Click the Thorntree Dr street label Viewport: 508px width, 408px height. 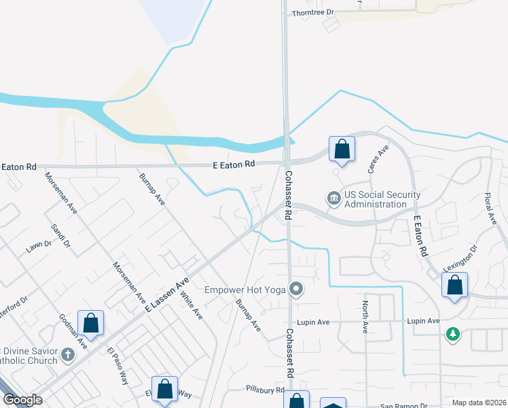[x=313, y=13]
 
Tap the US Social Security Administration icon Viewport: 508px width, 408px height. [x=334, y=199]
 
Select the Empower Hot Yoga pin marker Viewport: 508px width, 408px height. [x=295, y=290]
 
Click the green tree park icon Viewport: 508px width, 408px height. [x=452, y=334]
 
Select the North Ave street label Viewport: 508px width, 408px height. [x=365, y=316]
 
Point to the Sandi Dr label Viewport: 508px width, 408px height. [x=61, y=234]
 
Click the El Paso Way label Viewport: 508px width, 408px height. [x=117, y=367]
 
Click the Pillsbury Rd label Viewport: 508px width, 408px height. [x=265, y=390]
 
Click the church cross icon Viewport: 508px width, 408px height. [x=67, y=354]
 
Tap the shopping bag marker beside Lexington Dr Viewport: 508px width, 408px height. [x=454, y=285]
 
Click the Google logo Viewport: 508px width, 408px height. [x=22, y=400]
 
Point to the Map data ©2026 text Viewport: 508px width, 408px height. [x=479, y=403]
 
